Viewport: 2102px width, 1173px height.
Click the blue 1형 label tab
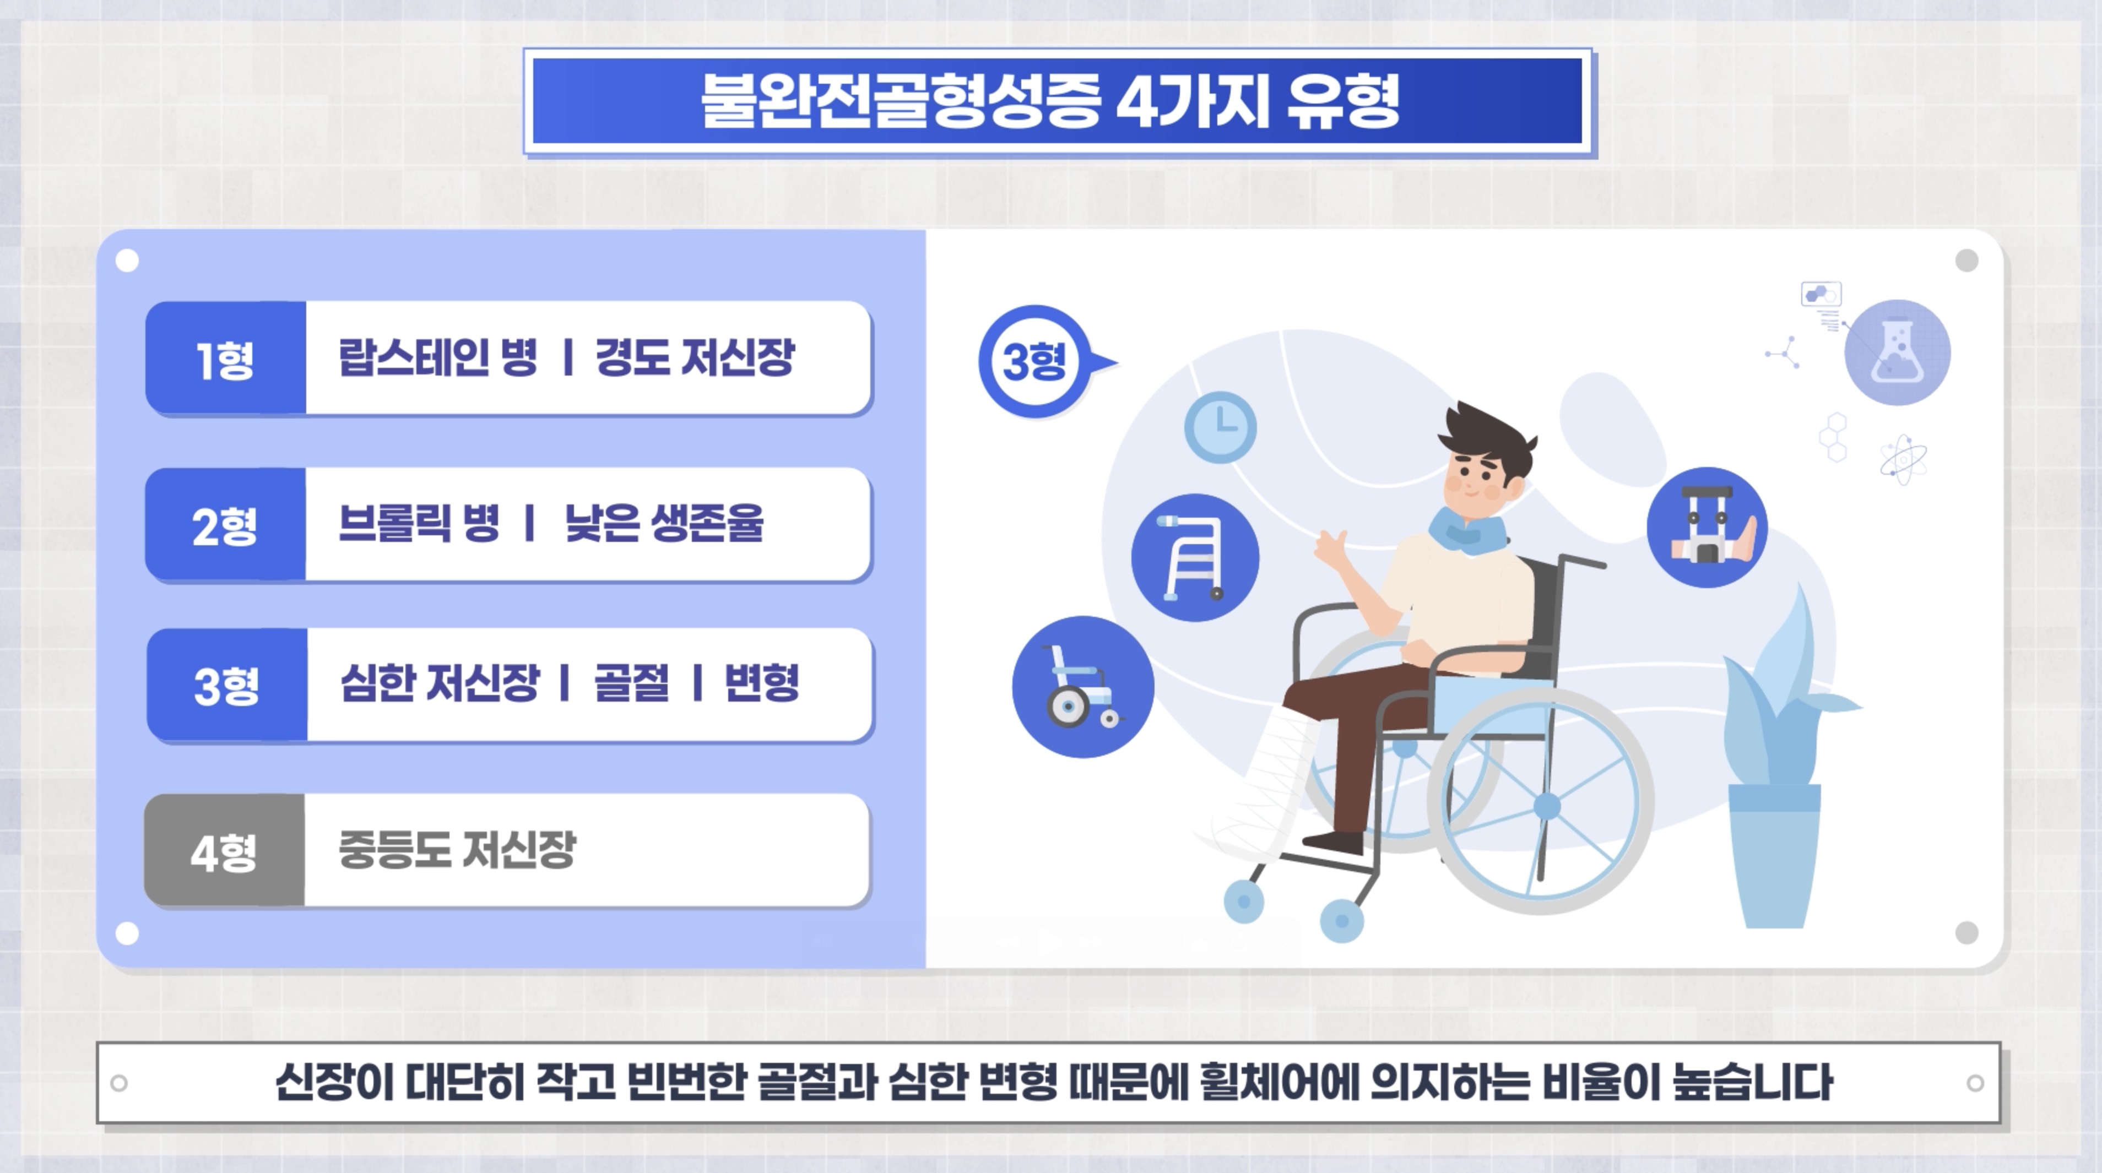click(x=225, y=358)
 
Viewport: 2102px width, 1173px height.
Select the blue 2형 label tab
click(x=225, y=524)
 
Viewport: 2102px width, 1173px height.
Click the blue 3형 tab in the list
click(x=227, y=685)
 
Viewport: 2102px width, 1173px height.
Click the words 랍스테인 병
click(x=438, y=357)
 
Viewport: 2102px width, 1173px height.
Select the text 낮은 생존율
click(x=664, y=523)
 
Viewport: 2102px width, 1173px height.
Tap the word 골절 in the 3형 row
click(x=631, y=683)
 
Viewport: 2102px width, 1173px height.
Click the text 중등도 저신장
click(x=457, y=849)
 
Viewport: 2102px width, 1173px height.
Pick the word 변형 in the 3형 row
click(x=761, y=683)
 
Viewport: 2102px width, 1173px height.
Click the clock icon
click(x=1220, y=427)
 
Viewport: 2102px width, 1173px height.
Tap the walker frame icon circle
click(x=1195, y=558)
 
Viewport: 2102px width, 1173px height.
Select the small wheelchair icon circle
click(x=1083, y=687)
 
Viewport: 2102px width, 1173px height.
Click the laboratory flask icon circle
click(x=1897, y=352)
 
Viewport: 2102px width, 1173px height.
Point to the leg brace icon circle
click(x=1707, y=527)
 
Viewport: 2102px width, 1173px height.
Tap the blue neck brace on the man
click(x=1467, y=530)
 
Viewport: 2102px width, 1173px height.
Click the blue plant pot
click(x=1775, y=856)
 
